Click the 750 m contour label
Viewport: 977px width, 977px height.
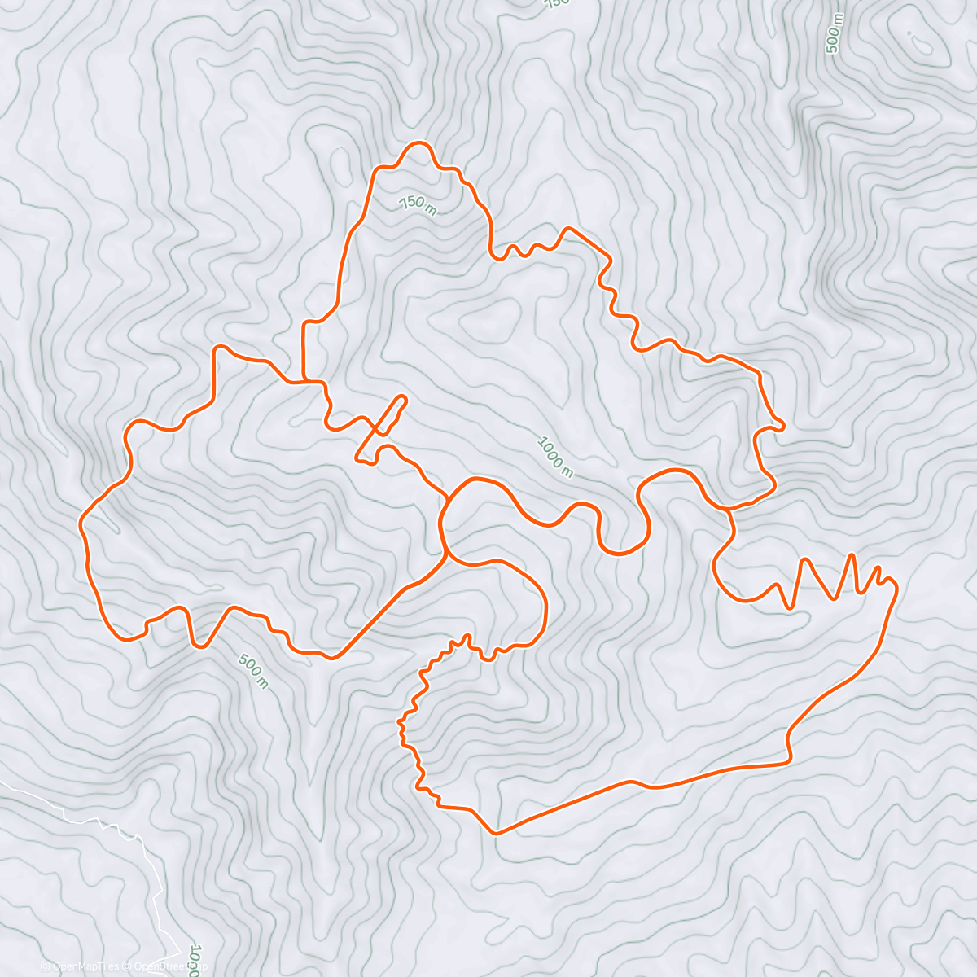pyautogui.click(x=418, y=204)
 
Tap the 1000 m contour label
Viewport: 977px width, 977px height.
pyautogui.click(x=555, y=457)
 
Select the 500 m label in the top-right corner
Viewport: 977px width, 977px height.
pyautogui.click(x=832, y=33)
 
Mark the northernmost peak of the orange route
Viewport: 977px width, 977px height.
pyautogui.click(x=420, y=143)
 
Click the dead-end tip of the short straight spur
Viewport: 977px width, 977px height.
pyautogui.click(x=402, y=398)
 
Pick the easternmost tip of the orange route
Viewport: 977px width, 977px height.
pyautogui.click(x=896, y=585)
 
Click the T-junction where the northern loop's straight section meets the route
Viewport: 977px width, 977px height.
pyautogui.click(x=304, y=380)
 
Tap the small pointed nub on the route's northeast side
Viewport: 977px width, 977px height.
pyautogui.click(x=782, y=424)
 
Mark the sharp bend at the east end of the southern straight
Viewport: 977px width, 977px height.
pyautogui.click(x=789, y=760)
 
